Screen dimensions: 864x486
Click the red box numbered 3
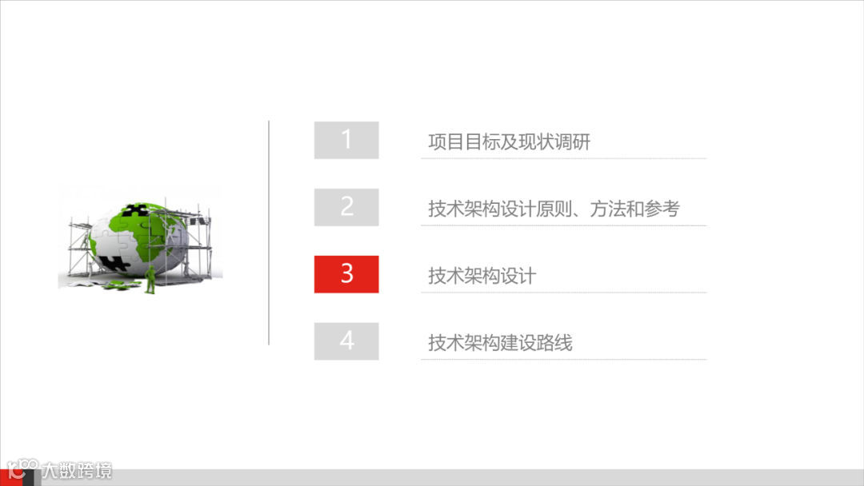[x=346, y=274]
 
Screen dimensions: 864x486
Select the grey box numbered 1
[x=346, y=140]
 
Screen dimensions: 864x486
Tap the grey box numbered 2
[x=346, y=207]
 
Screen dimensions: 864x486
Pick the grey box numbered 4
[x=346, y=341]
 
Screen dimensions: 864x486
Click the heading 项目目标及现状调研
[x=509, y=142]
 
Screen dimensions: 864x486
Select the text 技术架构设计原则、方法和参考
[x=554, y=209]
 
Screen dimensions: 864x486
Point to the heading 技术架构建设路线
[x=500, y=344]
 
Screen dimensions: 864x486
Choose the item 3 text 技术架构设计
[x=482, y=277]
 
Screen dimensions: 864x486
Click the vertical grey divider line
[x=269, y=233]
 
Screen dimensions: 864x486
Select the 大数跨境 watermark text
[x=78, y=471]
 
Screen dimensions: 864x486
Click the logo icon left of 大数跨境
[x=22, y=470]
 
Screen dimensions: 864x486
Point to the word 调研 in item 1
[x=572, y=142]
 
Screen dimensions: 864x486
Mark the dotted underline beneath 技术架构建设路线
[x=563, y=360]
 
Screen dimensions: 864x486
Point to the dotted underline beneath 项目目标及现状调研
[x=563, y=158]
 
